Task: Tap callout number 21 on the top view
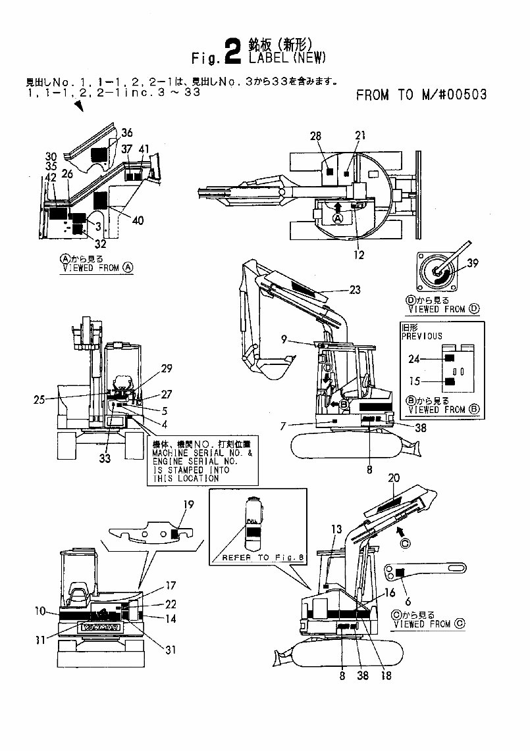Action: click(359, 135)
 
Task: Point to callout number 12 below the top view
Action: click(359, 255)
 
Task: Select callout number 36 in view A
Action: click(126, 132)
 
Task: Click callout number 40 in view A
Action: click(138, 220)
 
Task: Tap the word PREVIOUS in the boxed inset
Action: click(421, 335)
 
